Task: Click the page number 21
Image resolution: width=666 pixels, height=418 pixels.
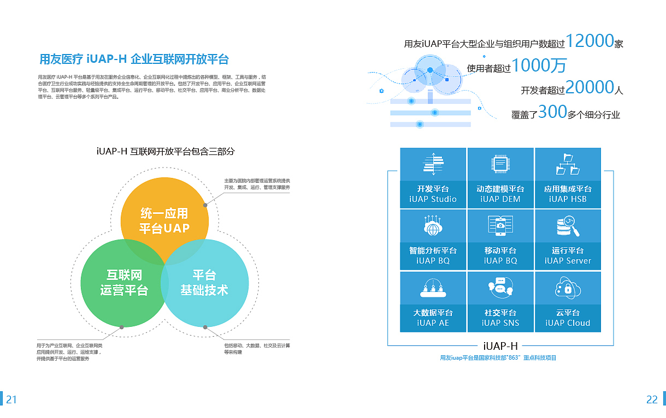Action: [11, 399]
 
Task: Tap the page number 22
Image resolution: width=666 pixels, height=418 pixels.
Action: [652, 399]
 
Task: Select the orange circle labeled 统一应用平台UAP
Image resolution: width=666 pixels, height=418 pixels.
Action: [164, 213]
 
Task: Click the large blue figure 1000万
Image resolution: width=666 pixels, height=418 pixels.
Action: [539, 66]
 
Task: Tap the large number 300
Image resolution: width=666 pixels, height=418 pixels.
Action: [552, 112]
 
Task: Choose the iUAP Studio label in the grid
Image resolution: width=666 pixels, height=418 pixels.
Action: [433, 199]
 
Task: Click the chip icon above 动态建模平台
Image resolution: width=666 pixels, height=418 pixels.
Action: [500, 163]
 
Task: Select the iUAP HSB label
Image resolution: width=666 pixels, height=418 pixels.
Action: [568, 199]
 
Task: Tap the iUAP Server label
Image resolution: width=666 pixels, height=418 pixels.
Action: [568, 261]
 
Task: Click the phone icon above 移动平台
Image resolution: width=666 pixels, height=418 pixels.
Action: [500, 225]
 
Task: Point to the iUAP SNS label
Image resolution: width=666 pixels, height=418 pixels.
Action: [500, 323]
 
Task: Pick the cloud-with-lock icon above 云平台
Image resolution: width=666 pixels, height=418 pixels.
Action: [568, 287]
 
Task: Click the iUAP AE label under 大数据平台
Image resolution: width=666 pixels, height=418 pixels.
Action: [433, 323]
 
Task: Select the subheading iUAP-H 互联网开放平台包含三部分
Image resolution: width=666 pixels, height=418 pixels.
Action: [165, 151]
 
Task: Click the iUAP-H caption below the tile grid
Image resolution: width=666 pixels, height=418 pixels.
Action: [500, 345]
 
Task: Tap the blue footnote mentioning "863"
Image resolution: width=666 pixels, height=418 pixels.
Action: [498, 358]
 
